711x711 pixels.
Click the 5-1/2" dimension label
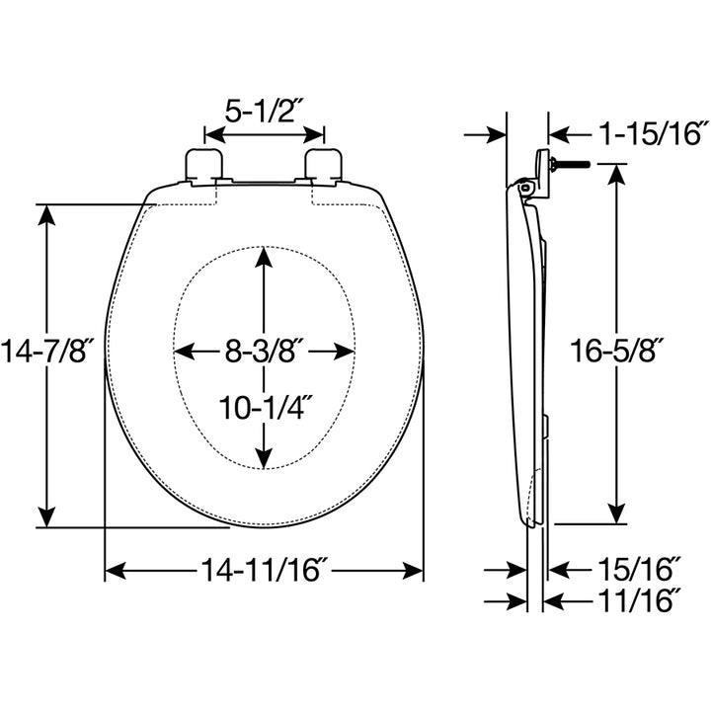point(265,111)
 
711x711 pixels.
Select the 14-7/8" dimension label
point(46,351)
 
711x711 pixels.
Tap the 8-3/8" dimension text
point(264,351)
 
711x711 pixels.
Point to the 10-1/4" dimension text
point(264,405)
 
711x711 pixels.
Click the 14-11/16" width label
point(264,570)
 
